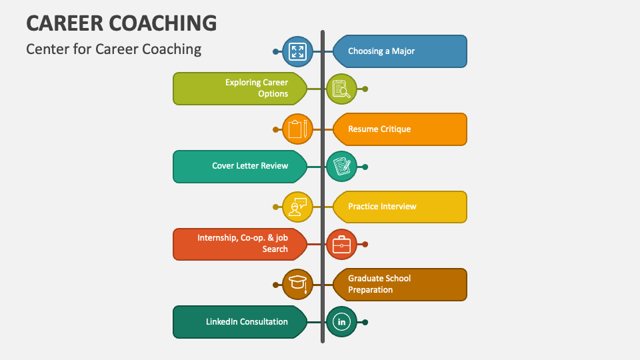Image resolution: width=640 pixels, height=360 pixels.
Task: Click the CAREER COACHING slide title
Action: click(121, 23)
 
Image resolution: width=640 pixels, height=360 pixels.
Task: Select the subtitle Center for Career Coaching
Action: click(113, 49)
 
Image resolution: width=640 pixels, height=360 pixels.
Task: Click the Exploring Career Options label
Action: click(240, 89)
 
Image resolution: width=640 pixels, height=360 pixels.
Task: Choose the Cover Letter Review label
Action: click(240, 166)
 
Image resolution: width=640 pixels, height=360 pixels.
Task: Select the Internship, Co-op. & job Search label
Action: click(240, 244)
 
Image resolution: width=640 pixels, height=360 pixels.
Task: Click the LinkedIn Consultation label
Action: click(240, 322)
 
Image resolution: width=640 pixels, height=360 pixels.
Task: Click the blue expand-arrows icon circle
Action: click(297, 51)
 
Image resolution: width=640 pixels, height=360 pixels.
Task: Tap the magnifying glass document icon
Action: click(341, 89)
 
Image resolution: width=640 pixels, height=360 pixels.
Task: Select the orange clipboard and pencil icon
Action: click(297, 129)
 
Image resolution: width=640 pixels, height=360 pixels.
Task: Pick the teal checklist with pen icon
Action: click(341, 167)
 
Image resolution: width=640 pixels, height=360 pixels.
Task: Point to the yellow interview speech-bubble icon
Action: click(297, 207)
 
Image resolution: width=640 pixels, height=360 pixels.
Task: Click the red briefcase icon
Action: click(341, 245)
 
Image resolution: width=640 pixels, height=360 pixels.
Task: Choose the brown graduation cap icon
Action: click(297, 285)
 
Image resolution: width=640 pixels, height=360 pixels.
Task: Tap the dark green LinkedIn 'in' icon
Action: click(341, 322)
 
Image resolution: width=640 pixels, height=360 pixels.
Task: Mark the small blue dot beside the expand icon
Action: click(275, 51)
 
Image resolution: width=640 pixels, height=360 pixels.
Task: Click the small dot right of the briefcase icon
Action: click(365, 245)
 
